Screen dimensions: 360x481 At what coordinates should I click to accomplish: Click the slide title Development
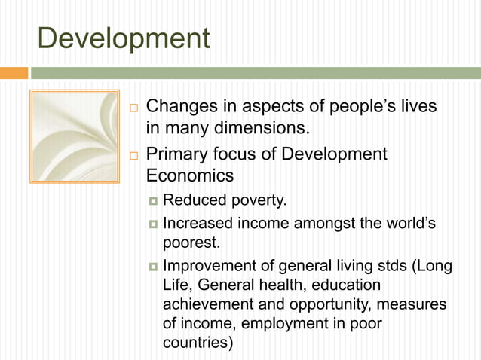(x=123, y=38)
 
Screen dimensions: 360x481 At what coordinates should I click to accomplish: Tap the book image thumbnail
(x=74, y=136)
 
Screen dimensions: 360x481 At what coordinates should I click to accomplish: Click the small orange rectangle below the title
(x=14, y=73)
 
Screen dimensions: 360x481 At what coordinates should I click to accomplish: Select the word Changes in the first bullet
(x=178, y=107)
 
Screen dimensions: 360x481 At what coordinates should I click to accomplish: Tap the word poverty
(x=258, y=200)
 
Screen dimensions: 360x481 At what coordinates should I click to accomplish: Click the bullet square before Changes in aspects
(x=133, y=107)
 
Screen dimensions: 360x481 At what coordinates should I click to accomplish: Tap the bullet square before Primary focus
(x=133, y=155)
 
